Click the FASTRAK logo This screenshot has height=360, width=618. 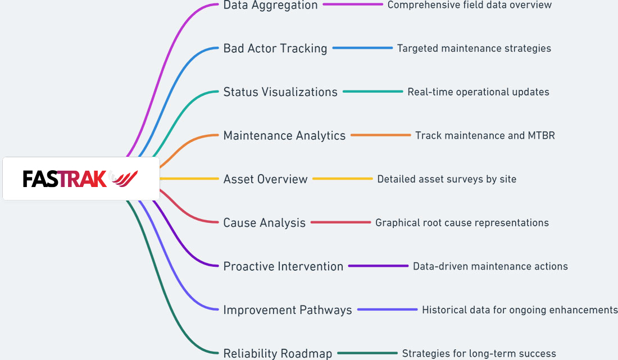[81, 179]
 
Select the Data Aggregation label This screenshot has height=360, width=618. [270, 5]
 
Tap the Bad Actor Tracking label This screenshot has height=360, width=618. [275, 48]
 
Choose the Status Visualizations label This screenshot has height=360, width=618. [280, 92]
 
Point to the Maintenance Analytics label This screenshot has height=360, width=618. [284, 135]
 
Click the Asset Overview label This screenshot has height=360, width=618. [265, 179]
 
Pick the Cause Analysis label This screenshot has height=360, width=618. [264, 222]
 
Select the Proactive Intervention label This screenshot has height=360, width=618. [283, 266]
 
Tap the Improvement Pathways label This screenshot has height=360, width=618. [288, 310]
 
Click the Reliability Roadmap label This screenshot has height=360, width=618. [278, 353]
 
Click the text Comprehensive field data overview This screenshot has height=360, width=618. [469, 5]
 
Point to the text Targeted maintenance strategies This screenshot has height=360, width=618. [474, 48]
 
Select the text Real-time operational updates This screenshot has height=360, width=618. [478, 92]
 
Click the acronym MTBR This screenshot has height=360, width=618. [541, 135]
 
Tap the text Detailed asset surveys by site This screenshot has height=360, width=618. [447, 179]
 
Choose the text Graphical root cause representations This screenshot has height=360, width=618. [462, 222]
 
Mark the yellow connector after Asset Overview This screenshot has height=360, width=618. [343, 179]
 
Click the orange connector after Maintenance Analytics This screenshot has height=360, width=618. [381, 135]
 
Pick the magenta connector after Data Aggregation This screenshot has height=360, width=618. [353, 4]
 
